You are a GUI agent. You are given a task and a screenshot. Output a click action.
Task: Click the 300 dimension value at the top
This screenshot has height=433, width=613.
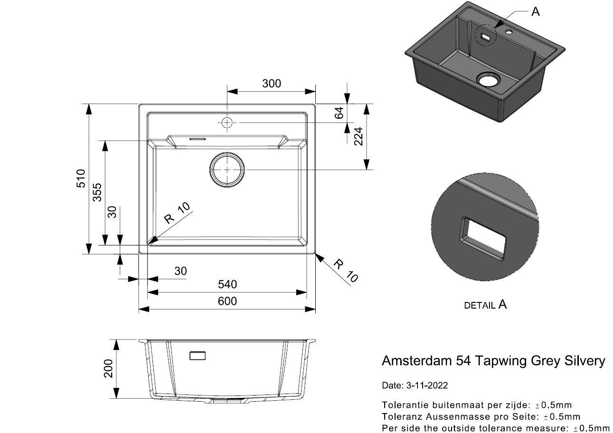click(272, 84)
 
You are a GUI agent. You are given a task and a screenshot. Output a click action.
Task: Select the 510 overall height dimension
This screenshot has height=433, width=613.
click(81, 179)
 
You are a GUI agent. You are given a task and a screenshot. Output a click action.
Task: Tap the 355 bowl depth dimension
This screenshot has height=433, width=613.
click(97, 192)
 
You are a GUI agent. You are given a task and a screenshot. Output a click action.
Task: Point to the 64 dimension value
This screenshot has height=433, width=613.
click(339, 113)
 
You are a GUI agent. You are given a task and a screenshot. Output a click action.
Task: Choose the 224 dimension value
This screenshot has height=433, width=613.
click(358, 137)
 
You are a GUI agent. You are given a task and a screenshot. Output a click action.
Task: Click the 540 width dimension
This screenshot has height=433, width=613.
click(227, 284)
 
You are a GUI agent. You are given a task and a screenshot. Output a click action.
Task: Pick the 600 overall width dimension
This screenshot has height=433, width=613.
click(227, 301)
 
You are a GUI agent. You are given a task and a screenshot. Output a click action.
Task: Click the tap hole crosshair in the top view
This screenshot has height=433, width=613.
click(227, 122)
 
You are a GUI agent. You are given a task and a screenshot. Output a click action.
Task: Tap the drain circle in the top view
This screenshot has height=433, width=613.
click(227, 170)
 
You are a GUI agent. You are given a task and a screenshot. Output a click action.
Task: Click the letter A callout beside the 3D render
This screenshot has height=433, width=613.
click(536, 12)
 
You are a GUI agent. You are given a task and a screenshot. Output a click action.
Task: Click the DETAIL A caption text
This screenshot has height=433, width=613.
click(485, 305)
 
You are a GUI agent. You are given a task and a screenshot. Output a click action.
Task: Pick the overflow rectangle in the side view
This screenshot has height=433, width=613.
click(198, 356)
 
